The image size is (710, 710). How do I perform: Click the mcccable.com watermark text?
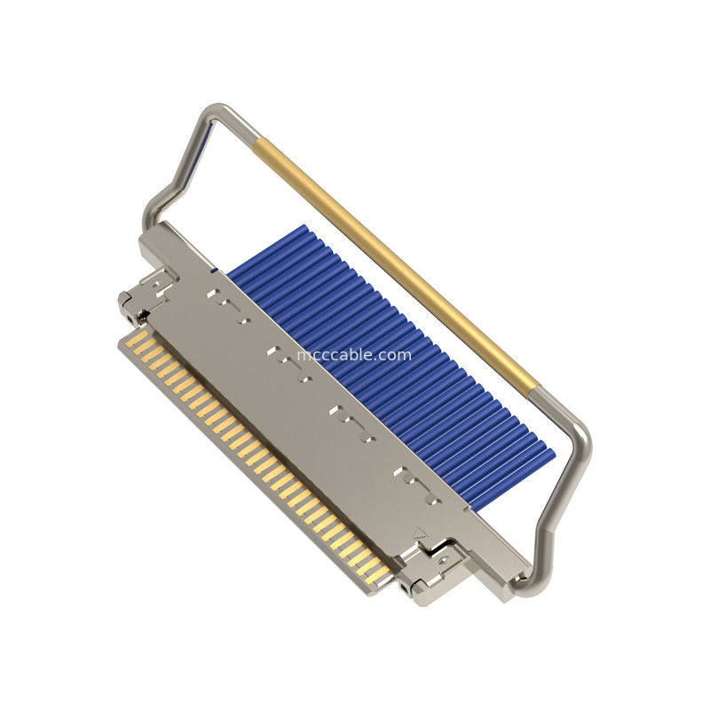point(354,355)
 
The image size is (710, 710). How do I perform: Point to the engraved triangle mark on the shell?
point(421,533)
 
